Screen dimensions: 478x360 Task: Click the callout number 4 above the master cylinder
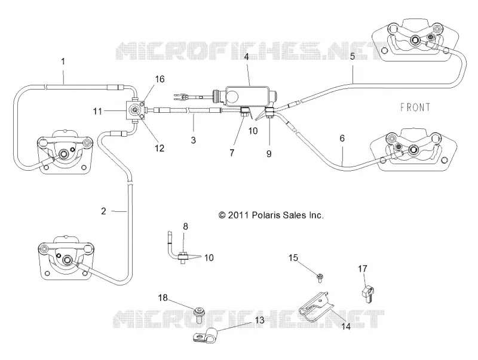pyautogui.click(x=246, y=57)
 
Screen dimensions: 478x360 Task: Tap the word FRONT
pyautogui.click(x=415, y=107)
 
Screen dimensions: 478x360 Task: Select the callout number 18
pyautogui.click(x=163, y=297)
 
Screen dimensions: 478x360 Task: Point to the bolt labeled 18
pyautogui.click(x=200, y=315)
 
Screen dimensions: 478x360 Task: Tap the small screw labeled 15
pyautogui.click(x=320, y=278)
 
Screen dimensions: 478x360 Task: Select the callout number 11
pyautogui.click(x=97, y=111)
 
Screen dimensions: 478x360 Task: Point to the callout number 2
pyautogui.click(x=103, y=211)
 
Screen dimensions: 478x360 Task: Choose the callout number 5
pyautogui.click(x=353, y=57)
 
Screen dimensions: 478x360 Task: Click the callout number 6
pyautogui.click(x=342, y=139)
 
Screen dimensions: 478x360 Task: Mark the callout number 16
pyautogui.click(x=160, y=79)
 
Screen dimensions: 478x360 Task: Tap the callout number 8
pyautogui.click(x=185, y=226)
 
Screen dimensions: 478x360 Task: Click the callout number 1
pyautogui.click(x=63, y=61)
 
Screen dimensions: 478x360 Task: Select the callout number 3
pyautogui.click(x=193, y=140)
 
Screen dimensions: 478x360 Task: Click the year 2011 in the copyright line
pyautogui.click(x=238, y=215)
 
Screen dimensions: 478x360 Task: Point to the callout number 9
pyautogui.click(x=269, y=153)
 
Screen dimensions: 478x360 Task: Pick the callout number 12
pyautogui.click(x=160, y=148)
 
